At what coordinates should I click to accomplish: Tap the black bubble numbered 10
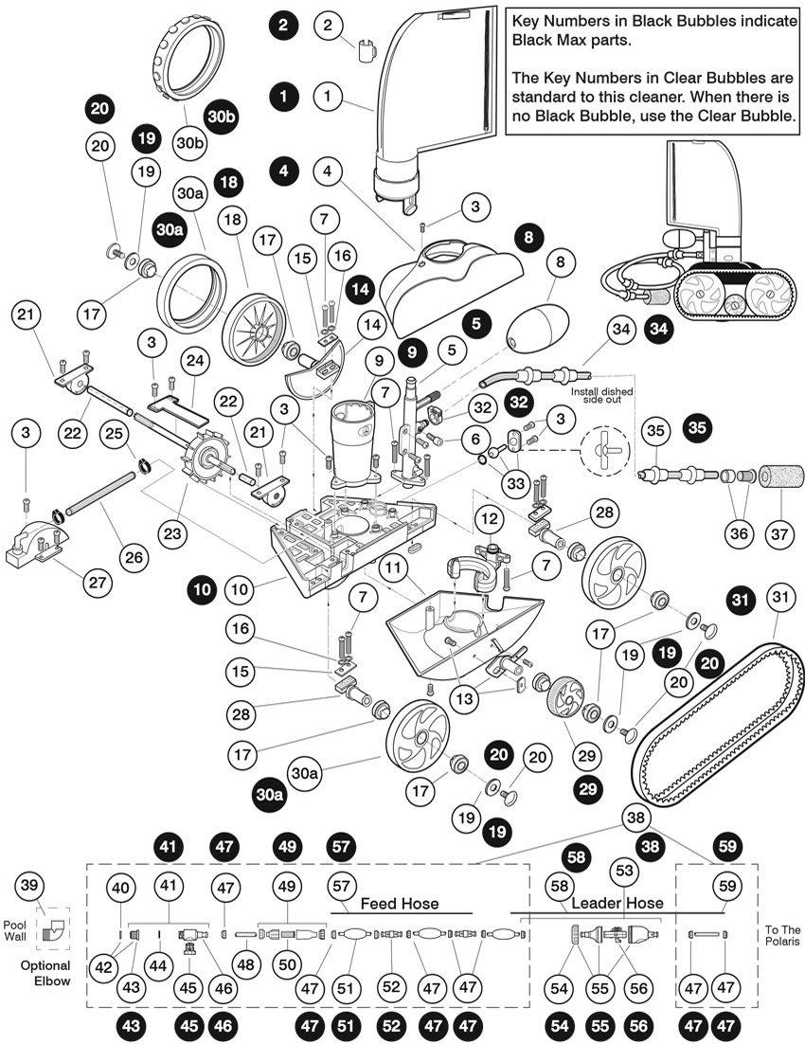click(202, 589)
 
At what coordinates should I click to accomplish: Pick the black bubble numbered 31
click(741, 599)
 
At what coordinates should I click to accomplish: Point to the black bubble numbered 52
click(390, 1024)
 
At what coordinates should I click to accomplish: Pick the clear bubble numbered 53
click(623, 870)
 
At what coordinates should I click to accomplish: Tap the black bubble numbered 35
click(696, 427)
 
